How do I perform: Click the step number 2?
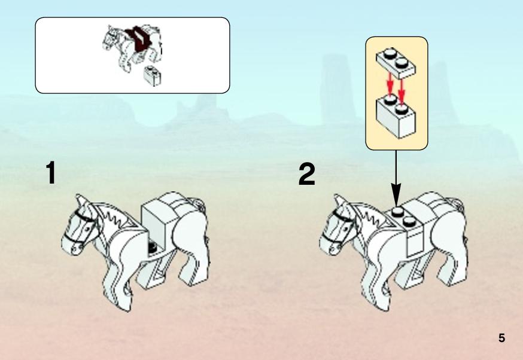tap(306, 174)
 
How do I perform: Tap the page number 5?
tap(501, 338)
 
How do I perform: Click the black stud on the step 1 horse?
tap(153, 248)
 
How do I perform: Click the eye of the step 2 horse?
tap(345, 230)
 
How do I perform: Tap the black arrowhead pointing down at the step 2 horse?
tap(396, 194)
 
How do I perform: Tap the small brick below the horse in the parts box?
tap(152, 76)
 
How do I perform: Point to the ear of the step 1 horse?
tap(81, 202)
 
